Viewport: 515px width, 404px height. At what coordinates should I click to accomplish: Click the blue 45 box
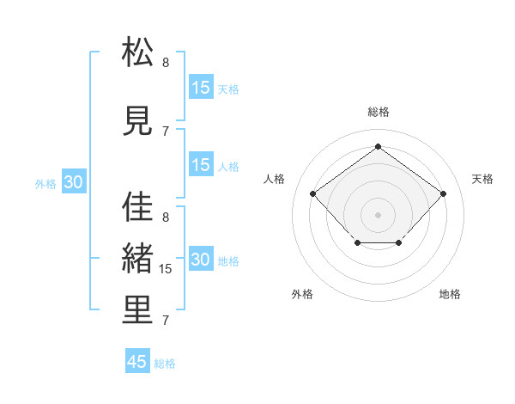137,362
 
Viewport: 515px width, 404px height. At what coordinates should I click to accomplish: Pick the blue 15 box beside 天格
201,88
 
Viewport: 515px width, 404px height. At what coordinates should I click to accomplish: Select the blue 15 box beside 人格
201,166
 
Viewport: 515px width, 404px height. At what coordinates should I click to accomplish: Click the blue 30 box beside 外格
73,182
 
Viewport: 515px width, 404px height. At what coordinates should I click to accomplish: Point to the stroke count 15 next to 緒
167,269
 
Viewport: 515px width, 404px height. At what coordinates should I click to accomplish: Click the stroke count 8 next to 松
166,63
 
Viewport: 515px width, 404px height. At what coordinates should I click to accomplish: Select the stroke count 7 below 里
166,321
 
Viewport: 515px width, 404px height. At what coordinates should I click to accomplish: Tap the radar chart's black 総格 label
378,112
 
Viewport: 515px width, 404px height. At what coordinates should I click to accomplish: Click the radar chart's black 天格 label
482,179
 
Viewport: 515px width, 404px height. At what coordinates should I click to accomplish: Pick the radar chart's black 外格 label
302,294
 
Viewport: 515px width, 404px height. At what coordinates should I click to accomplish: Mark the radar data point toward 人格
312,193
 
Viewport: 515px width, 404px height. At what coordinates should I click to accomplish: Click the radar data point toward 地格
399,244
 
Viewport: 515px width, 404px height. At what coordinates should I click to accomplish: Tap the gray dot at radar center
378,214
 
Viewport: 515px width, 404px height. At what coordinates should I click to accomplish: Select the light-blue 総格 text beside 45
165,364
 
